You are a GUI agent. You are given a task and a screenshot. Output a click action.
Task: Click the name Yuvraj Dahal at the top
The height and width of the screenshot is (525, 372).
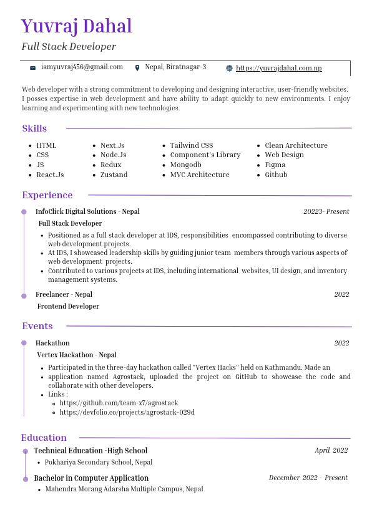pos(76,26)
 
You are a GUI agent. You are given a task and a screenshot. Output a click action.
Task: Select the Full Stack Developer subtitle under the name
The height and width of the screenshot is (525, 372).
pos(69,47)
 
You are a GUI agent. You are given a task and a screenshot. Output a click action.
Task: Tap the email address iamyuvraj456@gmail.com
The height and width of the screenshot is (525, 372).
pos(82,67)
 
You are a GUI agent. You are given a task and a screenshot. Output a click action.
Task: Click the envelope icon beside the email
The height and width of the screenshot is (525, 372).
pos(32,67)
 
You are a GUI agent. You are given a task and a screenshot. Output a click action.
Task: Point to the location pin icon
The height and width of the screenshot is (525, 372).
pos(137,67)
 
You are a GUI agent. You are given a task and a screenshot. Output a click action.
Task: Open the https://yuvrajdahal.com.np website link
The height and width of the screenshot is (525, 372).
pos(279,68)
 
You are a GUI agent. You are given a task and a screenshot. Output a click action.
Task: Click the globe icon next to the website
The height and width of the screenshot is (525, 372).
pos(229,68)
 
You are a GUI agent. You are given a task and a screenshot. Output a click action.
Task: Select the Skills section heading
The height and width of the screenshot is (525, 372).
pos(34,128)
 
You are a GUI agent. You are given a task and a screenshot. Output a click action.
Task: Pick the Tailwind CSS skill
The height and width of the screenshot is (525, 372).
pos(192,145)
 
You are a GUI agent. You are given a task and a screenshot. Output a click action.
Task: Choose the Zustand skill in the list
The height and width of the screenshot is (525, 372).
pos(114,175)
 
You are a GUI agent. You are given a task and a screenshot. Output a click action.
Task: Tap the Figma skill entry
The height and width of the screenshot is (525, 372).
pos(275,165)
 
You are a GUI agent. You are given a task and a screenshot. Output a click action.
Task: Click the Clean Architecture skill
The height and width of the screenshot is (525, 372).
pos(296,145)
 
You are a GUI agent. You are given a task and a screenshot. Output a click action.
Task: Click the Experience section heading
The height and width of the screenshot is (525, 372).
pos(47,195)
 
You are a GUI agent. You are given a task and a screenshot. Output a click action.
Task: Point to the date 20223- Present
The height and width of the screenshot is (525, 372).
pos(326,211)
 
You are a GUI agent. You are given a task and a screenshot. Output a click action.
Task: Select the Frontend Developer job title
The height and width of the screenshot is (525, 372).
pos(68,306)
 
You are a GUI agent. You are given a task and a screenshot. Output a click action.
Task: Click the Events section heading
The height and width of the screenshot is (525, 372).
pos(37,326)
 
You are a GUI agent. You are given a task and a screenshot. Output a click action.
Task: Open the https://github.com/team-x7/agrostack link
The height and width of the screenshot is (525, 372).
pos(119,403)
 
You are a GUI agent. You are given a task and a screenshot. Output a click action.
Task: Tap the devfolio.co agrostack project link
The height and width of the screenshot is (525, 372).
pos(127,412)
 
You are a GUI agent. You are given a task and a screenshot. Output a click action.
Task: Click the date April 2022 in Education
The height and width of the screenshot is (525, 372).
pos(331,450)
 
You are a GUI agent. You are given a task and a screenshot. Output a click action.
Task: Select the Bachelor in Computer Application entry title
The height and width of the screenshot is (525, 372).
pos(91,478)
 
